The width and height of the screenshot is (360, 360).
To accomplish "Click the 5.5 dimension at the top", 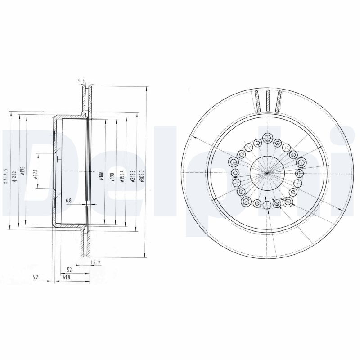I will click(81, 81).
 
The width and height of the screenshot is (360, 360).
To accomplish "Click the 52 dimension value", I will click(69, 269).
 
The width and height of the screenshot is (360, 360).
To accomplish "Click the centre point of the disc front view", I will click(267, 173).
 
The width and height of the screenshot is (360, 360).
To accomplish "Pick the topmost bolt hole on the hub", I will click(268, 138).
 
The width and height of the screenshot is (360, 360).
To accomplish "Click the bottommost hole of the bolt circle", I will click(267, 205).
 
